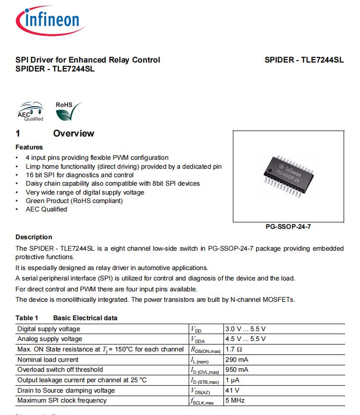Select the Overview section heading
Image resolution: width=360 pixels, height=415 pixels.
click(x=73, y=134)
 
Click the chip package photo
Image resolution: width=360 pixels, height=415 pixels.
click(x=288, y=176)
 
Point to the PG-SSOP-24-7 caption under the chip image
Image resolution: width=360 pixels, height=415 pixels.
click(x=288, y=226)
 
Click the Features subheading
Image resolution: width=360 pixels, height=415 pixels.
click(x=29, y=147)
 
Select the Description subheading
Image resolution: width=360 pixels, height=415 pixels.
click(x=34, y=237)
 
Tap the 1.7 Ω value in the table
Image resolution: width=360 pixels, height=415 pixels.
click(x=234, y=349)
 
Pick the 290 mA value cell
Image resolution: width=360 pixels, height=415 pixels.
click(x=237, y=359)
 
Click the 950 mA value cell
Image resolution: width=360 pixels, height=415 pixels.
click(x=237, y=369)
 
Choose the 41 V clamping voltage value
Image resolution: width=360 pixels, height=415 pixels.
click(x=232, y=390)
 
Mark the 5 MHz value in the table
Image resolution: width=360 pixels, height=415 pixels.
click(x=235, y=400)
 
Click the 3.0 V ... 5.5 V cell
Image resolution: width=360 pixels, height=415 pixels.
click(x=245, y=329)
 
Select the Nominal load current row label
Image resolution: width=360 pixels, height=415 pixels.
click(x=48, y=359)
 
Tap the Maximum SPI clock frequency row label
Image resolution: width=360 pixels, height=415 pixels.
click(x=62, y=400)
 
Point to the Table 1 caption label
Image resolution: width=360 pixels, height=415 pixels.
click(x=27, y=318)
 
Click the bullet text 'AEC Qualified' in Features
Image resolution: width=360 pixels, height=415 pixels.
click(x=46, y=209)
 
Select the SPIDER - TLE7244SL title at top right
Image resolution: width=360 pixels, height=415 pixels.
click(x=304, y=60)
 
